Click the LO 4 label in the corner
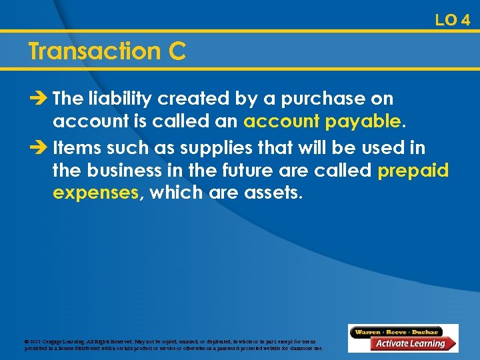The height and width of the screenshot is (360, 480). pyautogui.click(x=453, y=20)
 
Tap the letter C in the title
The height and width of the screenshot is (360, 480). pyautogui.click(x=177, y=51)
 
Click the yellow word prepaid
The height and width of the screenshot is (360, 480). pyautogui.click(x=413, y=171)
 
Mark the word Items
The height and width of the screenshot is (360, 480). pyautogui.click(x=75, y=146)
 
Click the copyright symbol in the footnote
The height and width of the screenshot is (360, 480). pyautogui.click(x=27, y=341)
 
